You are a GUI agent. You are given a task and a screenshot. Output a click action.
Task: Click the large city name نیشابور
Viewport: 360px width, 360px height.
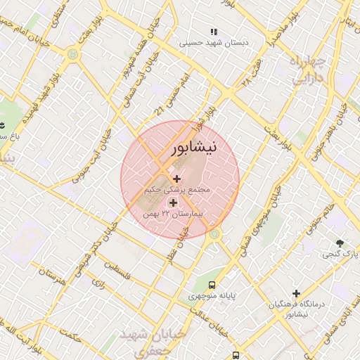tap(195, 148)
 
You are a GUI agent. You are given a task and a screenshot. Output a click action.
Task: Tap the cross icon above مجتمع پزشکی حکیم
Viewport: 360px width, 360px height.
tap(176, 179)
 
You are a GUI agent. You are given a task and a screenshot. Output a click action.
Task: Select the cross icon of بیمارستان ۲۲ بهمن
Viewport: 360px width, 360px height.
tap(173, 202)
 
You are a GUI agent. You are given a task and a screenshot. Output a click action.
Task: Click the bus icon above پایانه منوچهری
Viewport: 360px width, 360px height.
tap(211, 285)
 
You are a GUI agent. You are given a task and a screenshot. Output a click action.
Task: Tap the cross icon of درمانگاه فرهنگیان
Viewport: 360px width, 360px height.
tap(296, 293)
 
